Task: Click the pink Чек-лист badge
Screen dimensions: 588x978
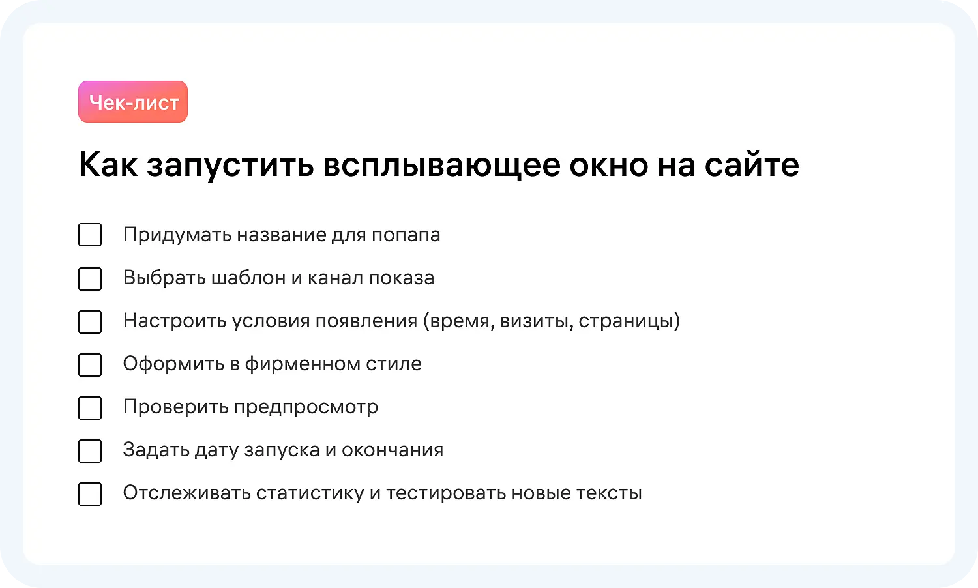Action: (x=133, y=102)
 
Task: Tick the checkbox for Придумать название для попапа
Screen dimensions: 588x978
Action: (x=90, y=235)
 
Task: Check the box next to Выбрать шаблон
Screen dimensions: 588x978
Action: (x=90, y=278)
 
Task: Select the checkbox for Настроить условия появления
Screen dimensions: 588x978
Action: (x=90, y=321)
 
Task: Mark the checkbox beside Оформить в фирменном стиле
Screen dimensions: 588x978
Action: (x=90, y=364)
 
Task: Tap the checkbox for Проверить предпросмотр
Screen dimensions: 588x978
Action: (x=90, y=407)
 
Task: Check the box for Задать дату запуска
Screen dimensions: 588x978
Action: (x=90, y=450)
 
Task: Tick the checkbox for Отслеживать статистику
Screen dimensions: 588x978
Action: (x=90, y=493)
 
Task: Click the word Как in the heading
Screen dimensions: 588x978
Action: (x=108, y=165)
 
